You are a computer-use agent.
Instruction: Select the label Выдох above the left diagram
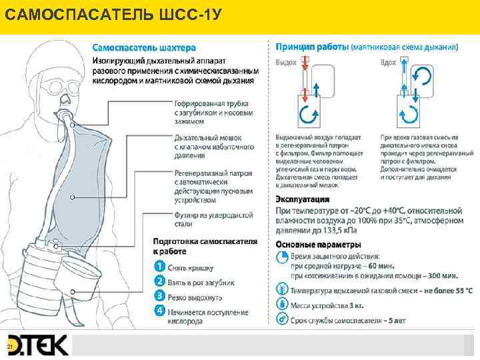[286, 62]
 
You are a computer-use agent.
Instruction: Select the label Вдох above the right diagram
[387, 62]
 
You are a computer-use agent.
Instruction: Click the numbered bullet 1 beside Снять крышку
[159, 267]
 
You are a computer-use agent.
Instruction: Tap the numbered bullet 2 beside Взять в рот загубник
[159, 282]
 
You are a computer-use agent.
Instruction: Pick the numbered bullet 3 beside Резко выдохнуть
[159, 296]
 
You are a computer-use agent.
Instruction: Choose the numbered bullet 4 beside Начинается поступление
[159, 311]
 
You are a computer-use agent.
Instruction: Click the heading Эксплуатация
[303, 199]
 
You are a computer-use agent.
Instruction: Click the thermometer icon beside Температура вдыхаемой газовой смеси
[281, 291]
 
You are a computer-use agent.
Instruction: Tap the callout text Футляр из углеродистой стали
[213, 219]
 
